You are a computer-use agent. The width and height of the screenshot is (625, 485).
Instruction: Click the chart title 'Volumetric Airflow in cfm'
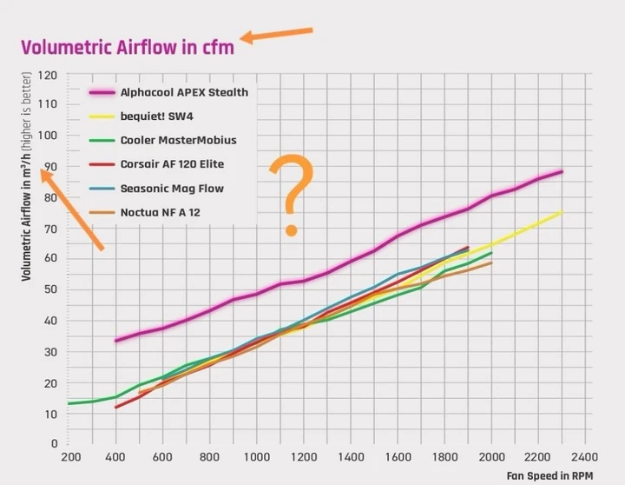[128, 47]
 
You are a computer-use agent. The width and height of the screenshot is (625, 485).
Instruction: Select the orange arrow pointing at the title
[276, 35]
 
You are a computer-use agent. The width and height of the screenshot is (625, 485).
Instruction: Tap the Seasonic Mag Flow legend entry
[172, 188]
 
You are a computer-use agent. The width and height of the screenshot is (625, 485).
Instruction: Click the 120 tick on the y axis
[49, 76]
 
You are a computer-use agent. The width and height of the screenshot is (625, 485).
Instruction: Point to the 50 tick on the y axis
[52, 290]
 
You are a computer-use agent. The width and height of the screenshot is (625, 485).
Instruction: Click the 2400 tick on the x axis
[584, 457]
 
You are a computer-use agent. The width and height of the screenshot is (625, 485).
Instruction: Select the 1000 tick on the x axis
[256, 457]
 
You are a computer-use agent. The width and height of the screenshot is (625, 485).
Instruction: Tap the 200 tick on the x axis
[70, 457]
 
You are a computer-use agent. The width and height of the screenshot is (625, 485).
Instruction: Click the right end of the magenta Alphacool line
[562, 171]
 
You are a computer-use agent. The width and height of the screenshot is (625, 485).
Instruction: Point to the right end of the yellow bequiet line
[562, 212]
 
